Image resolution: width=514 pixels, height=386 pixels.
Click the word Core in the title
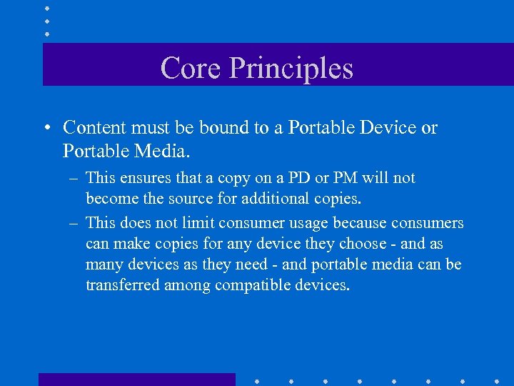(190, 69)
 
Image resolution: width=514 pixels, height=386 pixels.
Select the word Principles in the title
(291, 69)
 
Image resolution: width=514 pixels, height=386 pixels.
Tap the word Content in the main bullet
(92, 128)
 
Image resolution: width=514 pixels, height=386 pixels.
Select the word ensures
(147, 178)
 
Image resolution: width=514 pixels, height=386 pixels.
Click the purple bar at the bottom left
(136, 380)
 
